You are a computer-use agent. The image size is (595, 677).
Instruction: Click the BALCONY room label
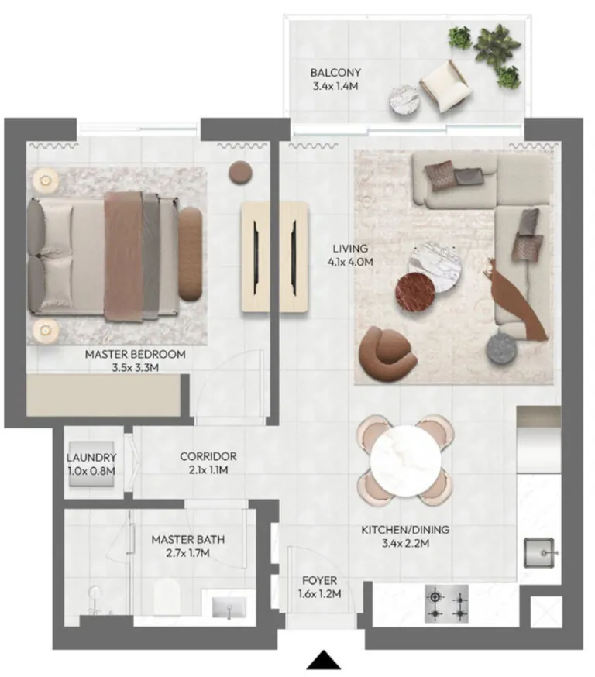click(335, 73)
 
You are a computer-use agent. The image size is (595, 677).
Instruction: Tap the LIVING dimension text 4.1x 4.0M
click(350, 262)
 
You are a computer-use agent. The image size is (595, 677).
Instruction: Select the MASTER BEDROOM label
click(135, 355)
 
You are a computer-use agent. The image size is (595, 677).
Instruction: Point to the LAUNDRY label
click(91, 457)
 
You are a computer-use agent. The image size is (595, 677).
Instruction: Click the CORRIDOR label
click(208, 456)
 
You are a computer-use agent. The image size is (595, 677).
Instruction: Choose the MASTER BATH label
click(187, 540)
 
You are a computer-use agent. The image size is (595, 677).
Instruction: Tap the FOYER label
click(319, 581)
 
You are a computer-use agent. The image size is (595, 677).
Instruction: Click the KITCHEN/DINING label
click(405, 530)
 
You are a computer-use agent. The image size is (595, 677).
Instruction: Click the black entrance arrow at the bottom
click(324, 661)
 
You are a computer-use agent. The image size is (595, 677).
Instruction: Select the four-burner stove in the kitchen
click(446, 603)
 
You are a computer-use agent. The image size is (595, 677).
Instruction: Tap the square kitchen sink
click(538, 552)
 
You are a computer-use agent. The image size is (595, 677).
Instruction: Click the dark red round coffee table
click(415, 292)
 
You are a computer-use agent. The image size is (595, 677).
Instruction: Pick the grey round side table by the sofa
click(501, 348)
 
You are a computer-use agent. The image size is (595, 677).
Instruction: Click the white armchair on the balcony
click(445, 85)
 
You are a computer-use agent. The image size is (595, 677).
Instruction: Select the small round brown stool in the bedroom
click(240, 174)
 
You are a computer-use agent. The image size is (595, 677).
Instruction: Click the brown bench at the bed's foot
click(190, 254)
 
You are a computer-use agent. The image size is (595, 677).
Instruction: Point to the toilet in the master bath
click(167, 596)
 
